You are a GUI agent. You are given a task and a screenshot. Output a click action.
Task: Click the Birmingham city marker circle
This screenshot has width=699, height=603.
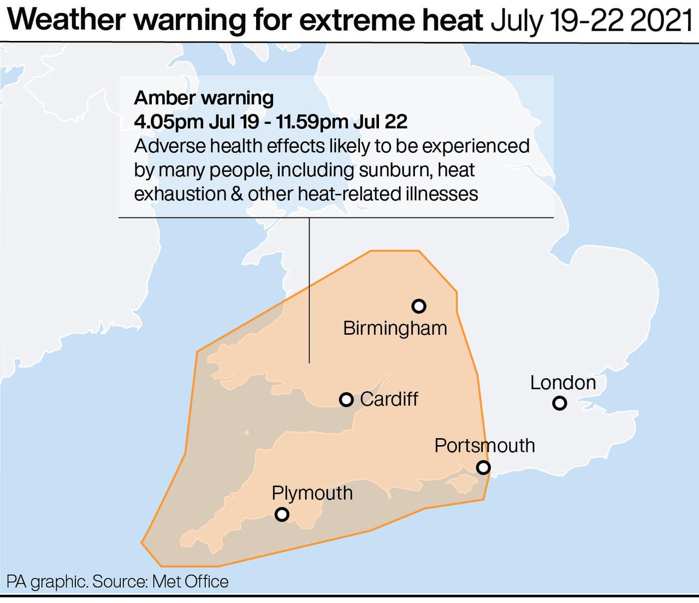(x=419, y=306)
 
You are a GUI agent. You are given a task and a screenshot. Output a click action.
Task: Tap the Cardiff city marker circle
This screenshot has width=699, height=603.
(x=346, y=400)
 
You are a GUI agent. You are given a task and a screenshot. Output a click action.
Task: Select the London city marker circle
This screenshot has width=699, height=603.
(x=559, y=404)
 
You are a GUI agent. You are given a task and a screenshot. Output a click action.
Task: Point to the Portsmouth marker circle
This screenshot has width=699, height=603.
(x=483, y=468)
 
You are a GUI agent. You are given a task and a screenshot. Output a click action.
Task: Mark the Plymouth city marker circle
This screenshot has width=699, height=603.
(x=282, y=515)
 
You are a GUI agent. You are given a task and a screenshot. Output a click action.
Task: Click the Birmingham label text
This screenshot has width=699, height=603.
(x=395, y=328)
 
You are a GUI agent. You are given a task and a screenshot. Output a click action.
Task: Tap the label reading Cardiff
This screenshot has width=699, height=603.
(x=389, y=399)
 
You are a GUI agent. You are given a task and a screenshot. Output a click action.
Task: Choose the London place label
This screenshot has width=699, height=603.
(x=563, y=382)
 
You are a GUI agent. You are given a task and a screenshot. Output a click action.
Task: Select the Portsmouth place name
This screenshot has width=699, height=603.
(x=484, y=446)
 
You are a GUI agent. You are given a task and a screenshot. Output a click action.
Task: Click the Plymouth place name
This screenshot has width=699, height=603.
(x=312, y=493)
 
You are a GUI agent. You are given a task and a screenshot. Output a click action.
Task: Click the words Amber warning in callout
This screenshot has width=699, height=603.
(x=204, y=98)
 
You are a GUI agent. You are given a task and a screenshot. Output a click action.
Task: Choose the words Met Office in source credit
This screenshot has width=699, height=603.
(x=190, y=581)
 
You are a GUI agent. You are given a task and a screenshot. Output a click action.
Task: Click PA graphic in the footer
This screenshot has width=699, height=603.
(x=47, y=581)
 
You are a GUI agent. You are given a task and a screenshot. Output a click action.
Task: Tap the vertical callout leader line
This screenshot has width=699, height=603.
(x=310, y=289)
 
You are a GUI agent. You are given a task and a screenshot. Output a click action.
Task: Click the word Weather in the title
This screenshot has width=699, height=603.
(x=67, y=20)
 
